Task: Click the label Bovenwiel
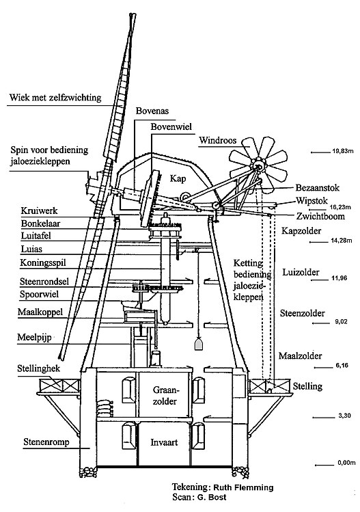click(171, 126)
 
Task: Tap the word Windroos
click(218, 140)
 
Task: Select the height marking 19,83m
click(343, 151)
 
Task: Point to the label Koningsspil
click(43, 263)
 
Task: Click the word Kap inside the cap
click(178, 178)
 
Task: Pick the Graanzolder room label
click(165, 395)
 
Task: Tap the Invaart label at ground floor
click(164, 442)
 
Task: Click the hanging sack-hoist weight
click(198, 344)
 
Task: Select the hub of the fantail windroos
click(258, 167)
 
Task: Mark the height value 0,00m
click(346, 463)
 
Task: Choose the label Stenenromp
click(46, 442)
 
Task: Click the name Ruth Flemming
click(243, 487)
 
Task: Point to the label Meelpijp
click(34, 337)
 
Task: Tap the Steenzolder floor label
click(303, 314)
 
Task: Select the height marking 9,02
click(341, 322)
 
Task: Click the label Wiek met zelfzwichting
click(55, 98)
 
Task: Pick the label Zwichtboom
click(320, 216)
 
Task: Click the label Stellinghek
click(39, 368)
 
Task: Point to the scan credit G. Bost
click(212, 498)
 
